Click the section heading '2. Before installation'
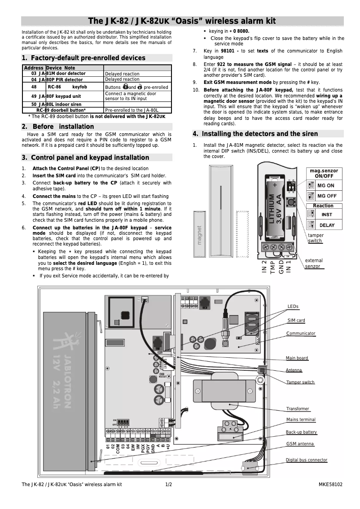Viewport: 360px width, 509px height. click(58, 127)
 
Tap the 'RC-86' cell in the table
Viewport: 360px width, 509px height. click(54, 87)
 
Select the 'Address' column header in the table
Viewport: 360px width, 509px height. click(33, 68)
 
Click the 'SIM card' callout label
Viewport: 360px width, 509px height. click(296, 320)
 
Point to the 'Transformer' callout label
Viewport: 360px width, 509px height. click(298, 408)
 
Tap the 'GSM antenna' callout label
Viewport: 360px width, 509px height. click(300, 443)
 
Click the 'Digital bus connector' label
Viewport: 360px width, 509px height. click(307, 460)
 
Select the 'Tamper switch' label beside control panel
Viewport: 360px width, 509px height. click(300, 382)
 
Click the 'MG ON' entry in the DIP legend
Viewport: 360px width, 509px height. click(326, 185)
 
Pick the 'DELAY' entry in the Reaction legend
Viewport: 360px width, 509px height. click(327, 225)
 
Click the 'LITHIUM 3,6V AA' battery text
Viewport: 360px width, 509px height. click(275, 209)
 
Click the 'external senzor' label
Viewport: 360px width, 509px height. click(314, 263)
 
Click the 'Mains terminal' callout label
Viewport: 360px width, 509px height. click(301, 419)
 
